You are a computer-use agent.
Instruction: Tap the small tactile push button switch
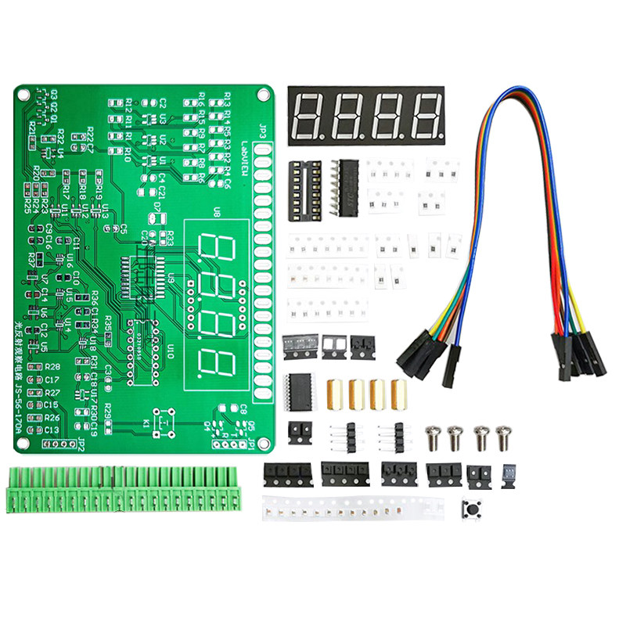click(x=473, y=509)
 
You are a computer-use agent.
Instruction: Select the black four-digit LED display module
click(x=366, y=115)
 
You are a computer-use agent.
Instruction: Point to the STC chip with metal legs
click(x=344, y=187)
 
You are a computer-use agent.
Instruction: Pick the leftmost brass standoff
click(x=334, y=393)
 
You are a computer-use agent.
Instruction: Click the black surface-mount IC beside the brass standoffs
click(x=300, y=390)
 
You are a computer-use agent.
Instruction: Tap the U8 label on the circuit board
click(x=217, y=212)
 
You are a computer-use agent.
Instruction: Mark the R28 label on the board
click(x=52, y=366)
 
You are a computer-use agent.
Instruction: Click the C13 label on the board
click(x=52, y=430)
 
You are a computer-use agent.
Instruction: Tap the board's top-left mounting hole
click(x=23, y=95)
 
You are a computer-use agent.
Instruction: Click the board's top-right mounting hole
click(x=264, y=93)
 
